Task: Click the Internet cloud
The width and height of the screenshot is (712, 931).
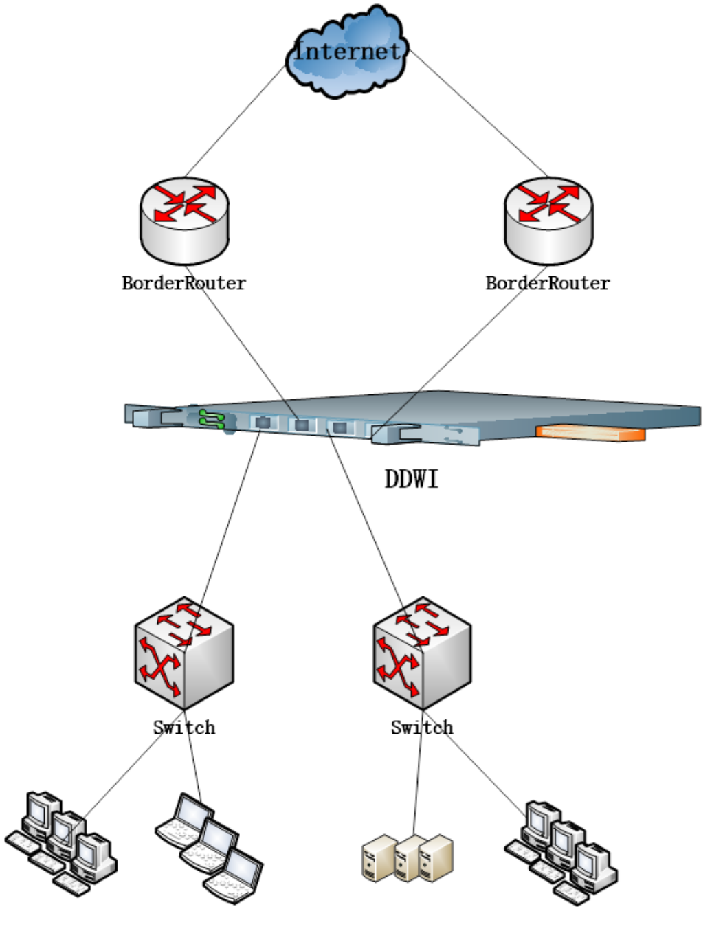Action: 348,52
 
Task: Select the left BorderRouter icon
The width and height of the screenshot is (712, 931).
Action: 184,220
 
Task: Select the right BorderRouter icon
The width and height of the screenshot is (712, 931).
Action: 548,220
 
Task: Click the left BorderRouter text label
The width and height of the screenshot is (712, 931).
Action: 183,283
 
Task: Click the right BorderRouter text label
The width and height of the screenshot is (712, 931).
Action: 548,283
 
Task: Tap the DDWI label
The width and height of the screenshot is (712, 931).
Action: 411,479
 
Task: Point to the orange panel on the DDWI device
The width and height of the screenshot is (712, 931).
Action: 590,433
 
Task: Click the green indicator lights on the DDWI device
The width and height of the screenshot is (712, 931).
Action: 211,418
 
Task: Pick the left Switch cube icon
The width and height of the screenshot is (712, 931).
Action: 184,653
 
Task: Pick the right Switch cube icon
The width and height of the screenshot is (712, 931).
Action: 422,653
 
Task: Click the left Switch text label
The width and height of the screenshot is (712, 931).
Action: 183,728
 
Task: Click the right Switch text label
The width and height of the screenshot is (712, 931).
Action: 422,728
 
